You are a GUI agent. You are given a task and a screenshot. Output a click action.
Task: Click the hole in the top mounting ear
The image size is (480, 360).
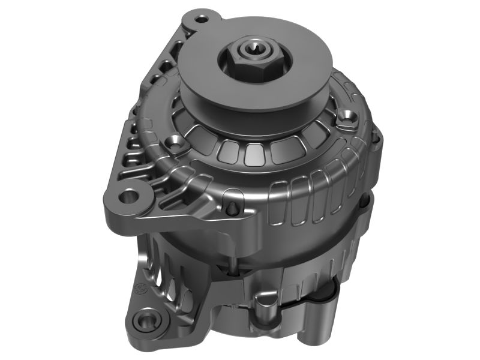pos(202,19)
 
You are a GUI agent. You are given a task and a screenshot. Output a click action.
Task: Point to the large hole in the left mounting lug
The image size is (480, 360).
pos(128,196)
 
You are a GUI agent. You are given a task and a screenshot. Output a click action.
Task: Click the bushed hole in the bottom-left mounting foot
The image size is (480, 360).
pos(144,320)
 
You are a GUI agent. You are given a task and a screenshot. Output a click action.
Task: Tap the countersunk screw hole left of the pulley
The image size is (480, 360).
pos(176,143)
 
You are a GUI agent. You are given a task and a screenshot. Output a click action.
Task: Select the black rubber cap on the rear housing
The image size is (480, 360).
pos(324,292)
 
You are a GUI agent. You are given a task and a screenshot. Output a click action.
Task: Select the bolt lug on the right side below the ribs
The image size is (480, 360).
pos(365,207)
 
